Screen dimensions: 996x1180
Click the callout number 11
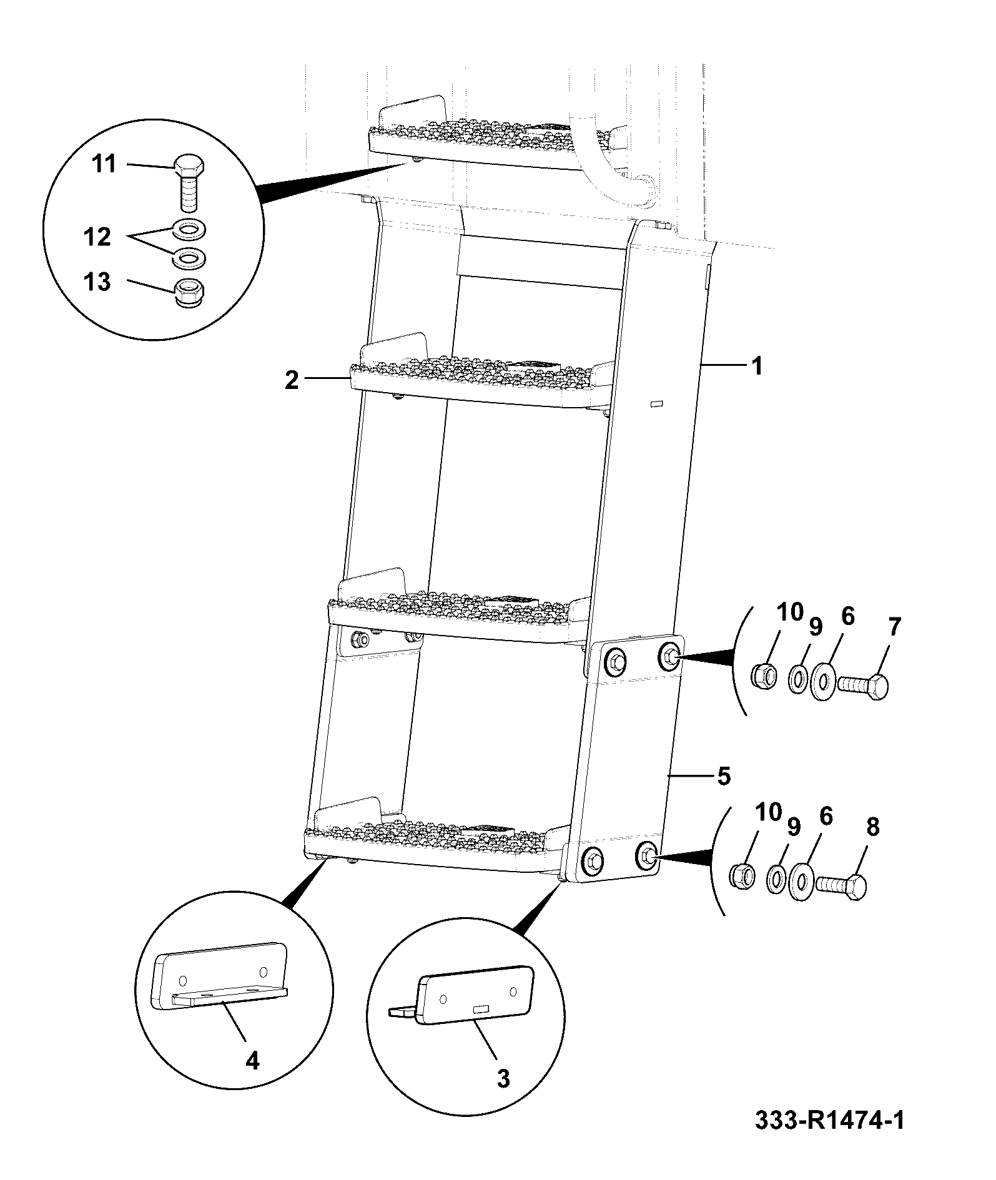click(104, 165)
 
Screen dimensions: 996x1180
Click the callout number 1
click(756, 366)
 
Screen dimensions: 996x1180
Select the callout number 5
click(722, 777)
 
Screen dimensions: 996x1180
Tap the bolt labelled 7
click(862, 687)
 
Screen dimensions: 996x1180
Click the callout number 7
click(895, 627)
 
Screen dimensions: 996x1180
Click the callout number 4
click(252, 1060)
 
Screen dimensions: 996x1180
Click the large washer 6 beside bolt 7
click(821, 681)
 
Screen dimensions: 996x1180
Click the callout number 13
click(98, 282)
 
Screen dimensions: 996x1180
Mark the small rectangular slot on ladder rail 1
click(656, 404)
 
